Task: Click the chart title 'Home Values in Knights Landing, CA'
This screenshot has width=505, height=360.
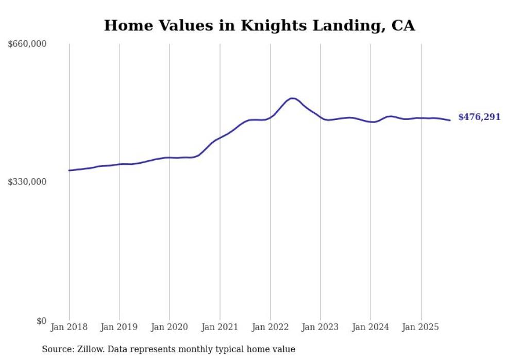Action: (x=259, y=25)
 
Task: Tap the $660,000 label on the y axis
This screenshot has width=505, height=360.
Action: (x=27, y=44)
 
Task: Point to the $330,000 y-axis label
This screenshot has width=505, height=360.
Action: (x=27, y=182)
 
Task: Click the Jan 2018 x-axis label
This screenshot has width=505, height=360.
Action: (x=69, y=327)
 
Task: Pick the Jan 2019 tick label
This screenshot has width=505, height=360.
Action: (x=120, y=327)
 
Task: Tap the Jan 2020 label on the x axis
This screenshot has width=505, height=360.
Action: (x=170, y=327)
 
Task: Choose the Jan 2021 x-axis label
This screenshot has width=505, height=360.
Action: (x=220, y=327)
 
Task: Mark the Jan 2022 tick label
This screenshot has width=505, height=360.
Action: (x=270, y=327)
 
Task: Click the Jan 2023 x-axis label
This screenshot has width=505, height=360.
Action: (x=321, y=327)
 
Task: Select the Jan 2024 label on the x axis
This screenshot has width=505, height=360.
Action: (x=371, y=327)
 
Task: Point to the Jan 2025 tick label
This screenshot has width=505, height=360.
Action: (x=421, y=327)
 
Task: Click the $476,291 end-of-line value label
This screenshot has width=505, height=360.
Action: (x=479, y=117)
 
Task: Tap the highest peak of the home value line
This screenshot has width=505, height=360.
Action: (x=292, y=98)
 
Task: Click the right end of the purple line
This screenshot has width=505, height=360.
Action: (x=450, y=121)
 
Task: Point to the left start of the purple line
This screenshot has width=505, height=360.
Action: (x=69, y=170)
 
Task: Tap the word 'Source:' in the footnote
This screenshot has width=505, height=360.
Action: (x=57, y=349)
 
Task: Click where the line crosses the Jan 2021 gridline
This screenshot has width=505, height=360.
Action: (x=220, y=138)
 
